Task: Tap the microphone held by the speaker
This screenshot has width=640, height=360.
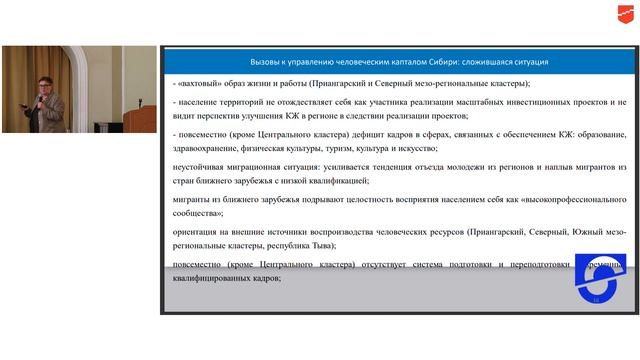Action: pos(41,99)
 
